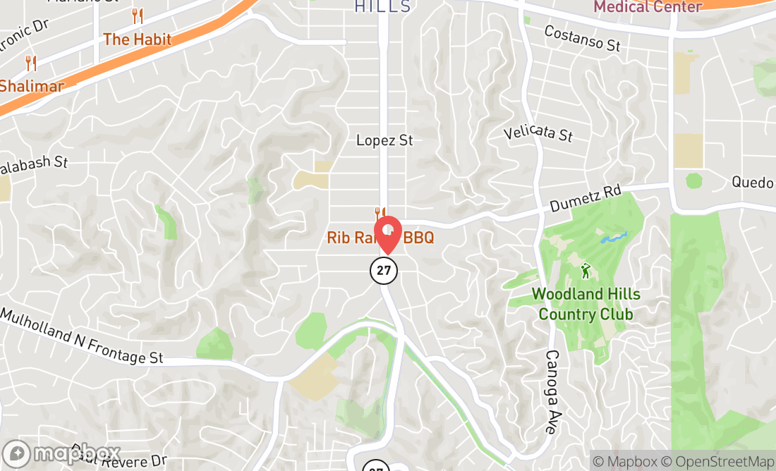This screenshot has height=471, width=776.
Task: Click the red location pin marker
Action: [x=387, y=233]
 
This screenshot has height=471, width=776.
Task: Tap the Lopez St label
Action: [x=384, y=140]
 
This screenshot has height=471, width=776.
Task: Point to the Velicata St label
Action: [x=538, y=132]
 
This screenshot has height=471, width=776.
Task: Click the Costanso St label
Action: [x=583, y=38]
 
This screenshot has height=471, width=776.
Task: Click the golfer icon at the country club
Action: [x=585, y=270]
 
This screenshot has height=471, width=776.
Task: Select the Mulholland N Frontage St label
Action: [x=82, y=336]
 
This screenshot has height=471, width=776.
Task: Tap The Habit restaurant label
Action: [x=138, y=39]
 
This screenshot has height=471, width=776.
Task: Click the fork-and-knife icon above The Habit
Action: [x=138, y=16]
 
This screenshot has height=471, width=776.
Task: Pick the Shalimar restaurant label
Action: [x=32, y=86]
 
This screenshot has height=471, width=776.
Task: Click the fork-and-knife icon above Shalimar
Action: [x=30, y=63]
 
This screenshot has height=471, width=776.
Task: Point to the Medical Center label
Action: [x=648, y=7]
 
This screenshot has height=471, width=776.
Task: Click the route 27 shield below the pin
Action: [x=384, y=269]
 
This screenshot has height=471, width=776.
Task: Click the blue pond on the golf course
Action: [x=613, y=238]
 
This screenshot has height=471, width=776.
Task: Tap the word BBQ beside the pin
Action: [x=418, y=238]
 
